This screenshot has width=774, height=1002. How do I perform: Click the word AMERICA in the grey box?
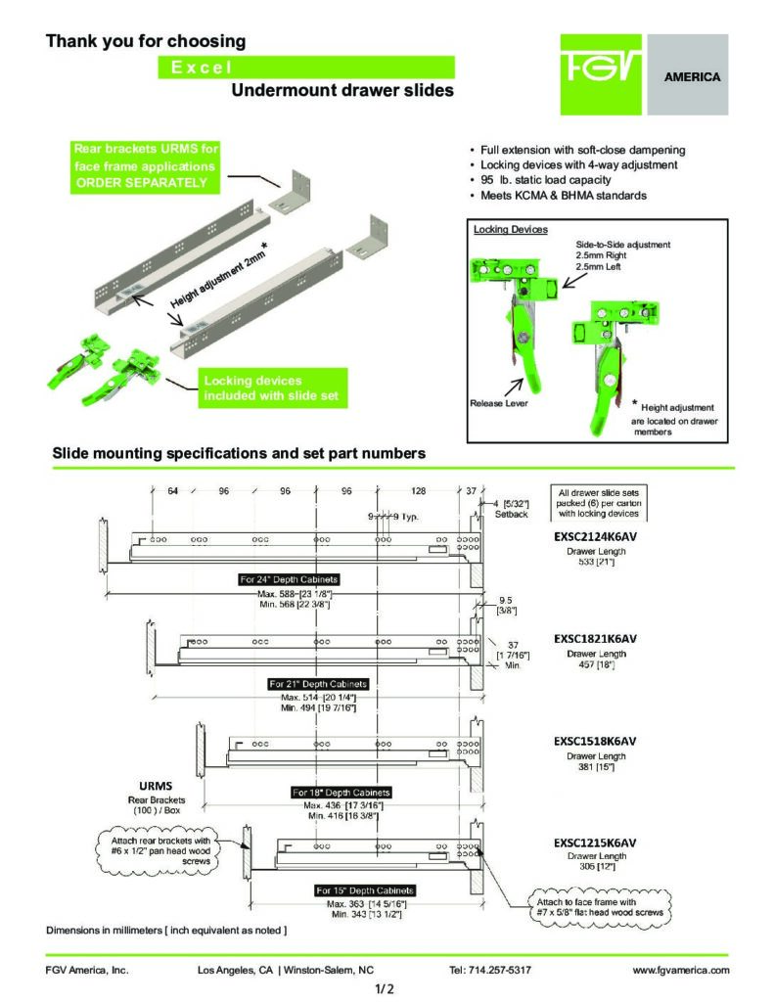[692, 76]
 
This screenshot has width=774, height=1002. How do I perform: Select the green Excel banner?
[306, 67]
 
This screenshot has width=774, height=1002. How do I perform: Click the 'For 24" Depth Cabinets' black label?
[289, 579]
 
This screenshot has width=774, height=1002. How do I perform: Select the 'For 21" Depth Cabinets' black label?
[318, 683]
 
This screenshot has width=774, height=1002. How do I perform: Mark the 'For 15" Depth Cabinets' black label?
[365, 890]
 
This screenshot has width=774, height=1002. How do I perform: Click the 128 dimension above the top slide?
[419, 490]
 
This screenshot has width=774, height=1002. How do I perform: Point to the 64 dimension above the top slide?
[172, 490]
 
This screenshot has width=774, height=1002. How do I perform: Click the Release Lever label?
[499, 402]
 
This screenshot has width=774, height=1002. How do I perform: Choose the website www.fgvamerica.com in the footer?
[682, 970]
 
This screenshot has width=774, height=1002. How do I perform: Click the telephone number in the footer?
[490, 970]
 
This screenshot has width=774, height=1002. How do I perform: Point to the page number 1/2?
[385, 989]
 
